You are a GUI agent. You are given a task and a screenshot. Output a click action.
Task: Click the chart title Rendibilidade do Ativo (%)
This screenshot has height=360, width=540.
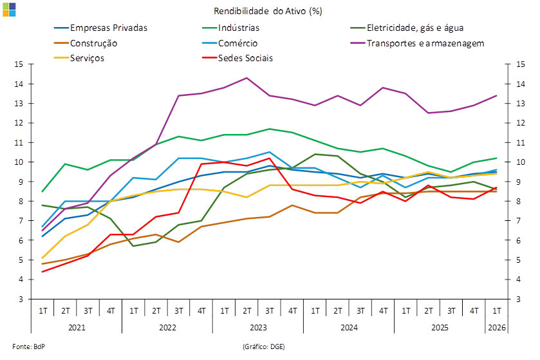point(268,11)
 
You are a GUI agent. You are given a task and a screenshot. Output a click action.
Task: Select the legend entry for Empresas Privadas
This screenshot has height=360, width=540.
point(101,28)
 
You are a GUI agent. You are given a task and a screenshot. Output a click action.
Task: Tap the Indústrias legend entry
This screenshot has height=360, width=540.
point(231,28)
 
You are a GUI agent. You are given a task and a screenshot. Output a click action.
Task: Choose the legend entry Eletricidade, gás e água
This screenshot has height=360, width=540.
point(407,28)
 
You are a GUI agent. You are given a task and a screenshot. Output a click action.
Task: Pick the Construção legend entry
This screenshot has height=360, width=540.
point(86,43)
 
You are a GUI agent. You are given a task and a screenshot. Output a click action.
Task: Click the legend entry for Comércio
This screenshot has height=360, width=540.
point(230,43)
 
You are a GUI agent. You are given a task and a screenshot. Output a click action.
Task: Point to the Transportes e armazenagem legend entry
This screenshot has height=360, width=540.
point(418,43)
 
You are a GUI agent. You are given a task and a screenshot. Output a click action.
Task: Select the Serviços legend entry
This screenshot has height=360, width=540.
point(79,58)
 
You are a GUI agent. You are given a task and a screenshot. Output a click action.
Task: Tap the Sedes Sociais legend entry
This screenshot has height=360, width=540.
point(237,58)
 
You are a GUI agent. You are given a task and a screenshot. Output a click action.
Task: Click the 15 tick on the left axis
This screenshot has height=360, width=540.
point(19,64)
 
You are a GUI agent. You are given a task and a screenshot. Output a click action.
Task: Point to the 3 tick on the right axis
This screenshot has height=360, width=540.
point(519,299)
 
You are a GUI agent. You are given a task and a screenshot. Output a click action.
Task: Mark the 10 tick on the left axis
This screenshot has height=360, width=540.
point(19,162)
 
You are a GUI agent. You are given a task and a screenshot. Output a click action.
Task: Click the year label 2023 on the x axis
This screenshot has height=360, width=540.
point(258,327)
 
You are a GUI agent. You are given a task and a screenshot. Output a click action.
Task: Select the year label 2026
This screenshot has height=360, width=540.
point(497,327)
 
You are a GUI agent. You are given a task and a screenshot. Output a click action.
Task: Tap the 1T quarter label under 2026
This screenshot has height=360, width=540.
point(497,311)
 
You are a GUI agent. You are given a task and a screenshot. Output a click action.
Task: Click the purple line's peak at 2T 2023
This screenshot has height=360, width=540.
point(247,78)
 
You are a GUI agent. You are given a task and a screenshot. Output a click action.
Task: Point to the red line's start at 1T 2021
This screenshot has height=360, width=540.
point(42,272)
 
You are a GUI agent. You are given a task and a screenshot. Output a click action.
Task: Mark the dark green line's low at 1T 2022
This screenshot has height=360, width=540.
point(133,246)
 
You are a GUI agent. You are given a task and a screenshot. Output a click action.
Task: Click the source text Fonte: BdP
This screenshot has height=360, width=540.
point(28,346)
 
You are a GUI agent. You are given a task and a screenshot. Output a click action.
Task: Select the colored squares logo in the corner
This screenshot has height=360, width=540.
point(9,10)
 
